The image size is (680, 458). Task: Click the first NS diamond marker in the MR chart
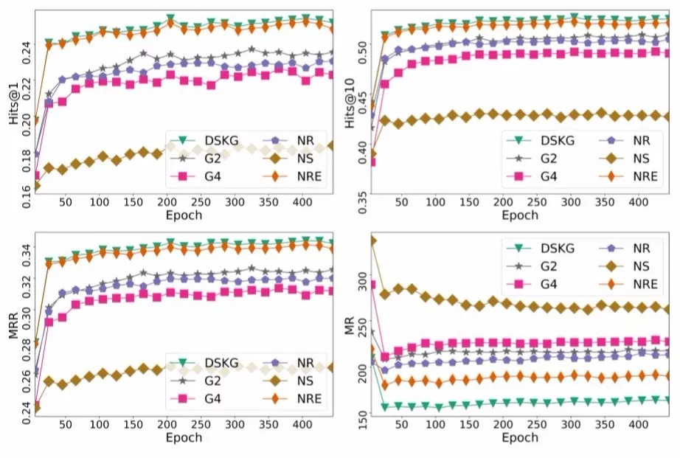pyautogui.click(x=372, y=240)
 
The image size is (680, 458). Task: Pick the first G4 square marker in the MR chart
pyautogui.click(x=372, y=285)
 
